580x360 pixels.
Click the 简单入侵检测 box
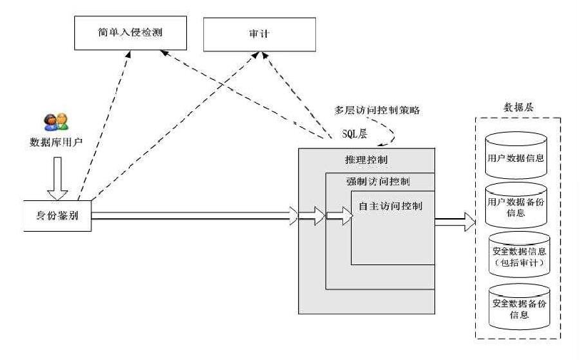(125, 31)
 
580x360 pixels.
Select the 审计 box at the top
(259, 33)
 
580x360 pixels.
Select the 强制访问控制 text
(378, 180)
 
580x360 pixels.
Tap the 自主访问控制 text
(392, 206)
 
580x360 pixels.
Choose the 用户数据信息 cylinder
(519, 157)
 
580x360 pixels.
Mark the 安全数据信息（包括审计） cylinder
(519, 257)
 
